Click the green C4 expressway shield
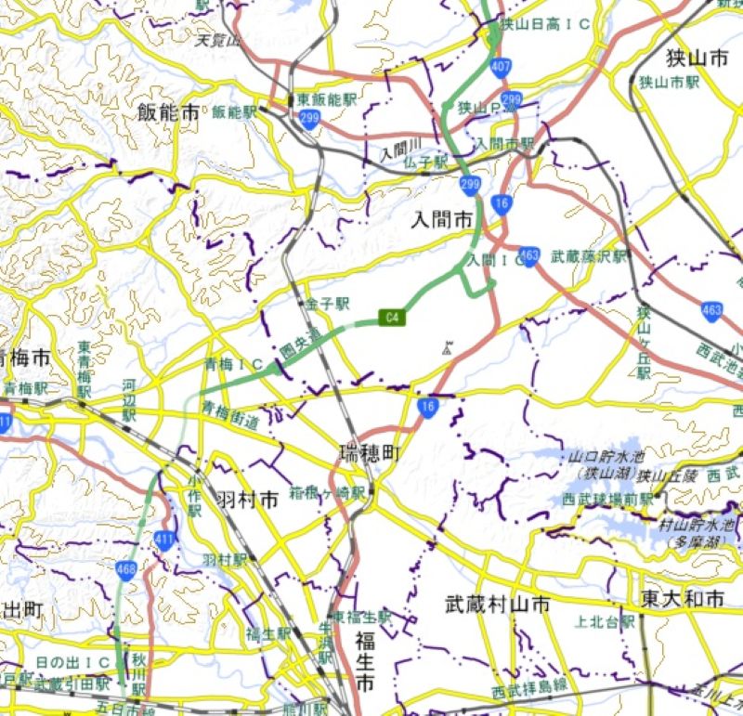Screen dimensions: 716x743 pos(394,318)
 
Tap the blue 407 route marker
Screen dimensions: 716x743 pos(502,67)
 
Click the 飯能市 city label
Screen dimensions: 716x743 pos(168,113)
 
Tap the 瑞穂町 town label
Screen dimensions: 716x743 pos(369,454)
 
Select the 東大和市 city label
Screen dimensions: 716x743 pos(682,599)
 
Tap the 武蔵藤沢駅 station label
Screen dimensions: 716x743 pos(590,256)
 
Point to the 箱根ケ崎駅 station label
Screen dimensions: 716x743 pos(327,492)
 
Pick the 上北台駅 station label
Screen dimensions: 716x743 pos(606,622)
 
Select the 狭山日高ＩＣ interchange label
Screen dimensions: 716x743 pos(545,24)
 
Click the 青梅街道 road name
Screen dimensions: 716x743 pos(232,415)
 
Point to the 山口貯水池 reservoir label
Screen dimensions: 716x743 pos(609,457)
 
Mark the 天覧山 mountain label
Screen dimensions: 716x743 pos(218,41)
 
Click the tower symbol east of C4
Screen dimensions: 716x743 pos(448,349)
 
